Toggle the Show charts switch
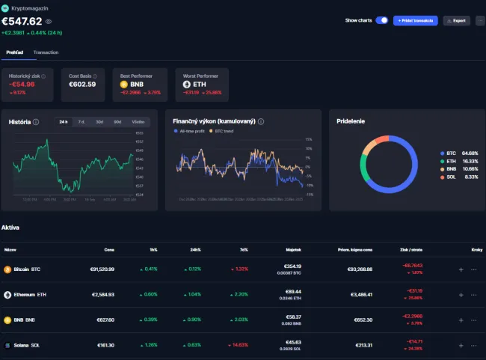coord(381,20)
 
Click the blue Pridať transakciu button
coord(415,20)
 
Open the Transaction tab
coord(46,52)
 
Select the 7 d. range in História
coord(81,121)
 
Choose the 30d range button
coord(99,121)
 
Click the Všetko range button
coord(138,121)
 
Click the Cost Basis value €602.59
coord(82,85)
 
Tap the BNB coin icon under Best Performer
coord(125,85)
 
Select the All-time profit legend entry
coord(189,131)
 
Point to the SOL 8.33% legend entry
coord(458,177)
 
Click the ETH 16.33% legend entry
coord(458,161)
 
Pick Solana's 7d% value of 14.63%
coord(240,345)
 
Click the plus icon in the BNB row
coord(461,320)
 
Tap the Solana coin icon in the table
coord(7,345)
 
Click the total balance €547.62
coord(21,21)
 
